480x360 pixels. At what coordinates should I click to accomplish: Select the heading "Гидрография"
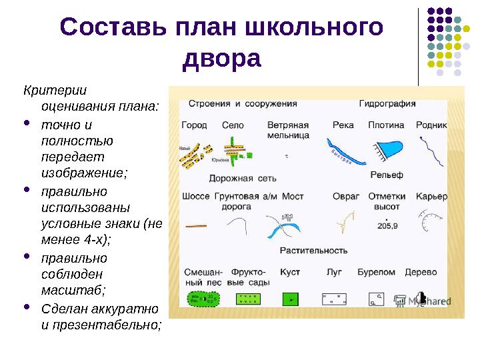coord(387,104)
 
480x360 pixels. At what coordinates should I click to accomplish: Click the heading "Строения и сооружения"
coord(242,104)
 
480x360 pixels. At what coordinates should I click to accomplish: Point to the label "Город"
coord(194,125)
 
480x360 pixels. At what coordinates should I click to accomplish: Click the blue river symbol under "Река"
coord(345,152)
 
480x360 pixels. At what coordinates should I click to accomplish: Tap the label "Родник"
coord(431,125)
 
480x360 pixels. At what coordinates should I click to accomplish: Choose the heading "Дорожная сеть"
coord(243,179)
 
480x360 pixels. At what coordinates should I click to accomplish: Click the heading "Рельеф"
coord(387,175)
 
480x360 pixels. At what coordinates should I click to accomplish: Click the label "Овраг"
coord(346,197)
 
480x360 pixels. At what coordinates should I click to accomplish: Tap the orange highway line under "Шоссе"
coord(196,227)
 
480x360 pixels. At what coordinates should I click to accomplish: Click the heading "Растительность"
coord(313,251)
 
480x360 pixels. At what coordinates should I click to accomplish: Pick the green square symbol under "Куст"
coord(289,299)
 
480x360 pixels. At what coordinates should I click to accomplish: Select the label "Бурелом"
coord(376,272)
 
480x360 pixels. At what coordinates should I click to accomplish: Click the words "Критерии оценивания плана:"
coord(91,97)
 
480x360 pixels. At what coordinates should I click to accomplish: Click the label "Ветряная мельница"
coord(287,130)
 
